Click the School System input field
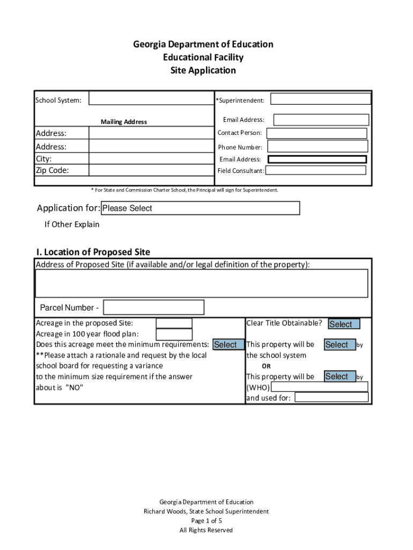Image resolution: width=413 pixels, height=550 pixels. [x=150, y=98]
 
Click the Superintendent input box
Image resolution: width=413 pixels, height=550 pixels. [x=320, y=99]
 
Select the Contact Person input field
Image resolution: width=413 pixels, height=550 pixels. [x=316, y=133]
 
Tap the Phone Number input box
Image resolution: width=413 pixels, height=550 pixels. [x=317, y=146]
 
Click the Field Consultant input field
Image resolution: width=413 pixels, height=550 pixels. [x=315, y=170]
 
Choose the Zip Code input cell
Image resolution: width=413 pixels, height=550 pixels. [x=151, y=170]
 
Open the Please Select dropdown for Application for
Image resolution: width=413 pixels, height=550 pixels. [x=200, y=208]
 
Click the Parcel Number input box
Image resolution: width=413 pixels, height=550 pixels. [x=153, y=307]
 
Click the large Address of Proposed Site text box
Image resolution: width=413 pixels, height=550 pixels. [x=202, y=283]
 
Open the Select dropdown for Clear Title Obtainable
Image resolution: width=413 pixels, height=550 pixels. [x=343, y=324]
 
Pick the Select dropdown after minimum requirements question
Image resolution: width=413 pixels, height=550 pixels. [x=228, y=345]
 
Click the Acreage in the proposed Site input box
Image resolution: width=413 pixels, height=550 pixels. [x=174, y=323]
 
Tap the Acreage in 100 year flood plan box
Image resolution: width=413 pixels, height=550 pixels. [x=174, y=334]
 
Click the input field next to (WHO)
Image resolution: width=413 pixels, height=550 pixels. [x=319, y=387]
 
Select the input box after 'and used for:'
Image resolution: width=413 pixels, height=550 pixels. [x=331, y=397]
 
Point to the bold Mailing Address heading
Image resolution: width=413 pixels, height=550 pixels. [x=124, y=122]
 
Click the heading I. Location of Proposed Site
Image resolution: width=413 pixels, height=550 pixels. [x=93, y=252]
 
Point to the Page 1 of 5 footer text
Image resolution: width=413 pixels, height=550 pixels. [x=206, y=521]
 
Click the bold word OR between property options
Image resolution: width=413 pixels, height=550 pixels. [x=266, y=366]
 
